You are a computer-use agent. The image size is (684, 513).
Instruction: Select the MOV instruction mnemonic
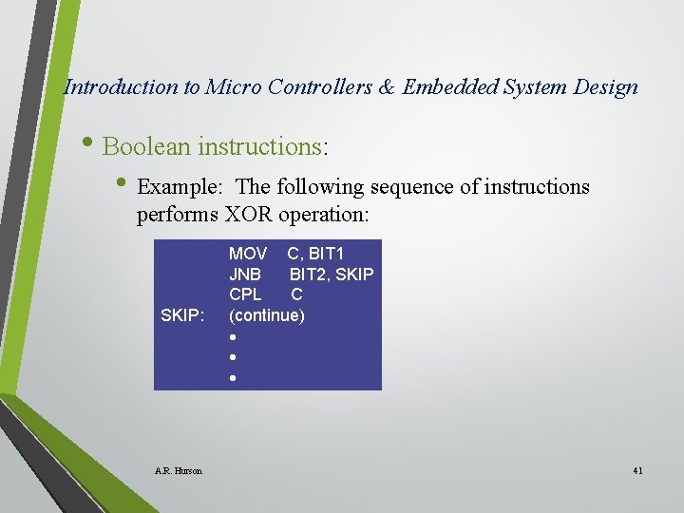[248, 254]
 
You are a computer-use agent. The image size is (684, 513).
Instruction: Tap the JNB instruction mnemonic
[245, 275]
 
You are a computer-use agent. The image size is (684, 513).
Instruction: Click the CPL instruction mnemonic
[245, 294]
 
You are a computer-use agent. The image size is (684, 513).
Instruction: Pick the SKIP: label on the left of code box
[182, 315]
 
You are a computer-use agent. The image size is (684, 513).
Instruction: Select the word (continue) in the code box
[267, 315]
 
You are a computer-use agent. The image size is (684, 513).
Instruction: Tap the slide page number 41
[636, 470]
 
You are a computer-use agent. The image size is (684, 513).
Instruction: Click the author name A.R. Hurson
[178, 470]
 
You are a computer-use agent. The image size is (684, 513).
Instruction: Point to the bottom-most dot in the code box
[232, 378]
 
